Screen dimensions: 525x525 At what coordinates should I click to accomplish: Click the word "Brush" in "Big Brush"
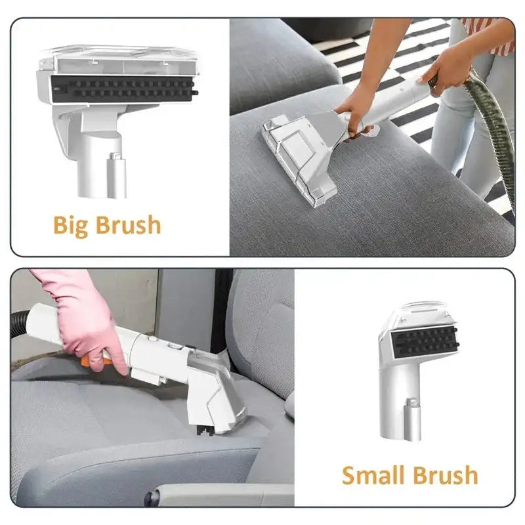[126, 224]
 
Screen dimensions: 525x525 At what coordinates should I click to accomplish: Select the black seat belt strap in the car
[220, 308]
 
